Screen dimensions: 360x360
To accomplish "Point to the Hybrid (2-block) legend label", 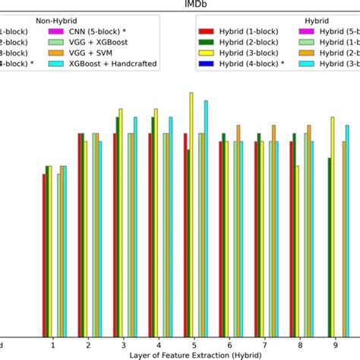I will [x=249, y=43].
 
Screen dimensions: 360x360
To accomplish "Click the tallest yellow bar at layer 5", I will [x=191, y=213].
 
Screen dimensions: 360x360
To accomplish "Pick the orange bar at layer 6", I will [x=238, y=229].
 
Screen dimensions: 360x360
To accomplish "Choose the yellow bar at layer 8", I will [x=297, y=250].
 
